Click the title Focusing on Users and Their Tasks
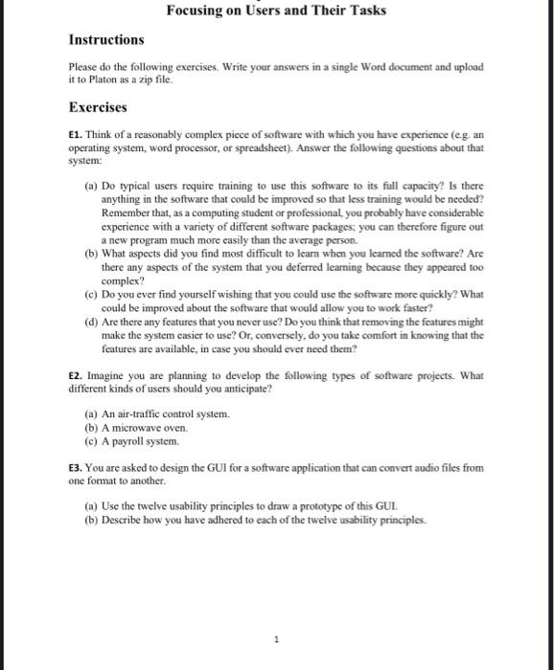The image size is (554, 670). point(276,11)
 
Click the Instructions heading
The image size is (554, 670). point(106,40)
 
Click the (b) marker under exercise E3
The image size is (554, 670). point(92,520)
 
